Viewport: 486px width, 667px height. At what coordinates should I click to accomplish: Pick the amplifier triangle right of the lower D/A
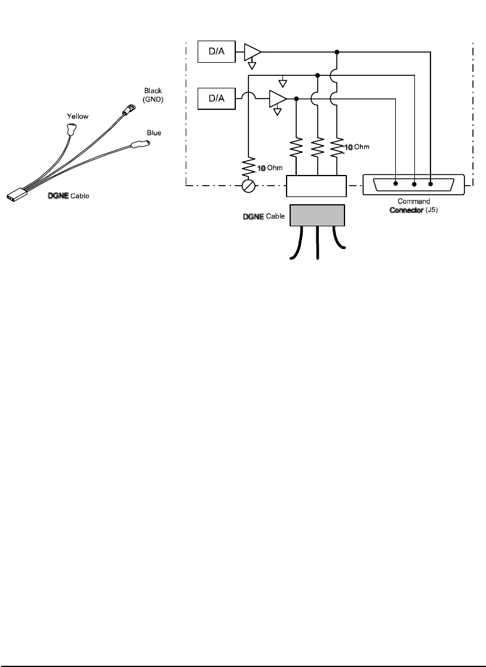pyautogui.click(x=278, y=98)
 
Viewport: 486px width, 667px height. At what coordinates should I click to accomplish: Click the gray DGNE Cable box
pyautogui.click(x=317, y=215)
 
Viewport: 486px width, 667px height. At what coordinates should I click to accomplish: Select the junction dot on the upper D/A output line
pyautogui.click(x=337, y=52)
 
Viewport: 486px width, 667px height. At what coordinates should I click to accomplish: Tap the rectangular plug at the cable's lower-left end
pyautogui.click(x=17, y=195)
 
